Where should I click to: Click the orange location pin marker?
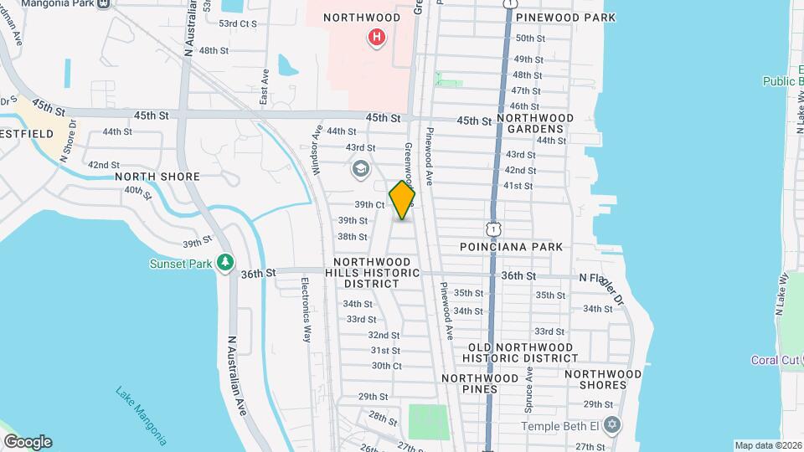tap(403, 200)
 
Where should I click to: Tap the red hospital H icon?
tap(377, 37)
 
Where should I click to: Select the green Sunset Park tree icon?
tap(225, 263)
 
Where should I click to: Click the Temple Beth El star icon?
tap(612, 424)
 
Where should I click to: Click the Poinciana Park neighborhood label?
tap(511, 247)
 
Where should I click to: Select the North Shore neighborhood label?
tap(157, 177)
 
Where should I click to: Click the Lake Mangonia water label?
tap(141, 416)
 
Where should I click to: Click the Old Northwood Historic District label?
tap(520, 352)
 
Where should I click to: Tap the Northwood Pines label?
tap(480, 384)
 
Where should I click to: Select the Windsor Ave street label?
tap(317, 150)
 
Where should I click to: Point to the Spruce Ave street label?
tap(529, 383)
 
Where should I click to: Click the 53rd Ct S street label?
tap(237, 23)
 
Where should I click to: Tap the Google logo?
tap(28, 442)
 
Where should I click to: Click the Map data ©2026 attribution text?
tap(767, 445)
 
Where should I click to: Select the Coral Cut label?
tap(776, 361)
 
